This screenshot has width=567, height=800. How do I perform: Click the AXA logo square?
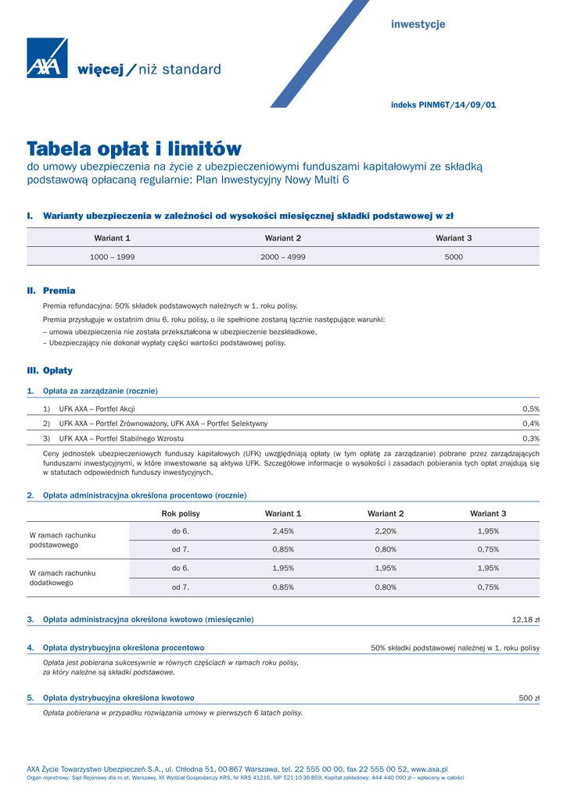[x=47, y=58]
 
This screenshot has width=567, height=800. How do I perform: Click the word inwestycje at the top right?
[x=418, y=24]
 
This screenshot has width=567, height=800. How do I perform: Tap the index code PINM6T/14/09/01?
[x=458, y=105]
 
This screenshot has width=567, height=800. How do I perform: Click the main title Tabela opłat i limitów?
[x=135, y=148]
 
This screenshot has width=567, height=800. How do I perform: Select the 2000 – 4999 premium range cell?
[x=282, y=256]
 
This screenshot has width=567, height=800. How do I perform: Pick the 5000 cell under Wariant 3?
[x=454, y=256]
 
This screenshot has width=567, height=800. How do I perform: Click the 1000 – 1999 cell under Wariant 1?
[x=112, y=256]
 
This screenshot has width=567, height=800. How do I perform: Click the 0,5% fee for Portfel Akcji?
[x=531, y=409]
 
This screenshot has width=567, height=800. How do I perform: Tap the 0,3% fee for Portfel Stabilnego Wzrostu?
[x=531, y=438]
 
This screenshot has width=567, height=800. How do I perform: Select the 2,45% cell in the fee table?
[x=282, y=531]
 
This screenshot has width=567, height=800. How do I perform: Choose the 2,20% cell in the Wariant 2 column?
[x=386, y=531]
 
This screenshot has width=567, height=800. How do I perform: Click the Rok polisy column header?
[x=181, y=513]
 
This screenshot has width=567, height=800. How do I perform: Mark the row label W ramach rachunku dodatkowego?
[x=62, y=578]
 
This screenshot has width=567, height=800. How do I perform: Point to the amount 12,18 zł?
[x=526, y=620]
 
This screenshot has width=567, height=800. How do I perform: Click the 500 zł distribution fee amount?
[x=529, y=698]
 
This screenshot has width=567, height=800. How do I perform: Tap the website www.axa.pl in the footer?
[x=429, y=770]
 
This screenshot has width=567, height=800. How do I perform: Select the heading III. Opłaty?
[x=50, y=370]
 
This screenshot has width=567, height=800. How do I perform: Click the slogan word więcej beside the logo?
[x=101, y=70]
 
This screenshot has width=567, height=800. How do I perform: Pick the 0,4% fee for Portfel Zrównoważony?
[x=531, y=423]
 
